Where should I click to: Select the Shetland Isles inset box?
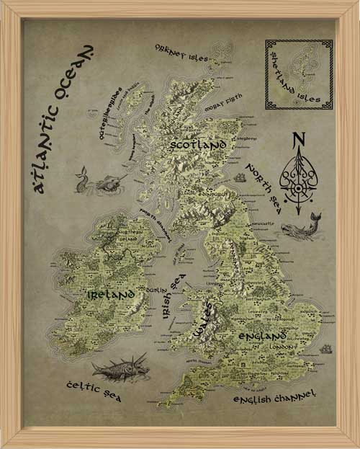(298, 74)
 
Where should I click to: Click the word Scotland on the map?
(199, 144)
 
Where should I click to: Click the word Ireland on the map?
(110, 295)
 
